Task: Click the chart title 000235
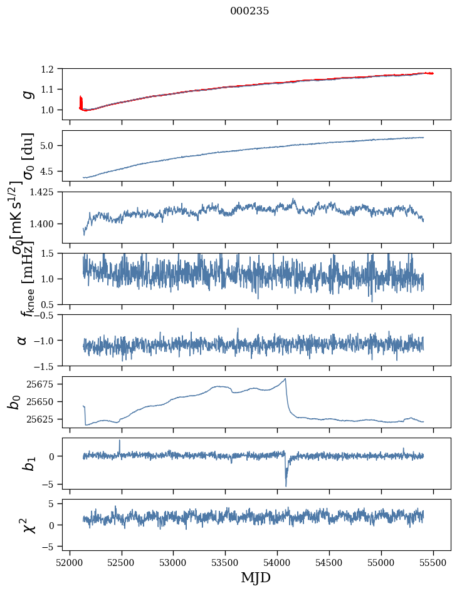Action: pyautogui.click(x=250, y=11)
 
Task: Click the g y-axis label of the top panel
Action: pyautogui.click(x=27, y=94)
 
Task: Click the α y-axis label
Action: pyautogui.click(x=23, y=340)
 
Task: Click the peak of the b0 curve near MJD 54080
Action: pyautogui.click(x=286, y=379)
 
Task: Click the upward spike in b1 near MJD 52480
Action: pyautogui.click(x=120, y=441)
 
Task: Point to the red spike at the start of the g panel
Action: pyautogui.click(x=81, y=100)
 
